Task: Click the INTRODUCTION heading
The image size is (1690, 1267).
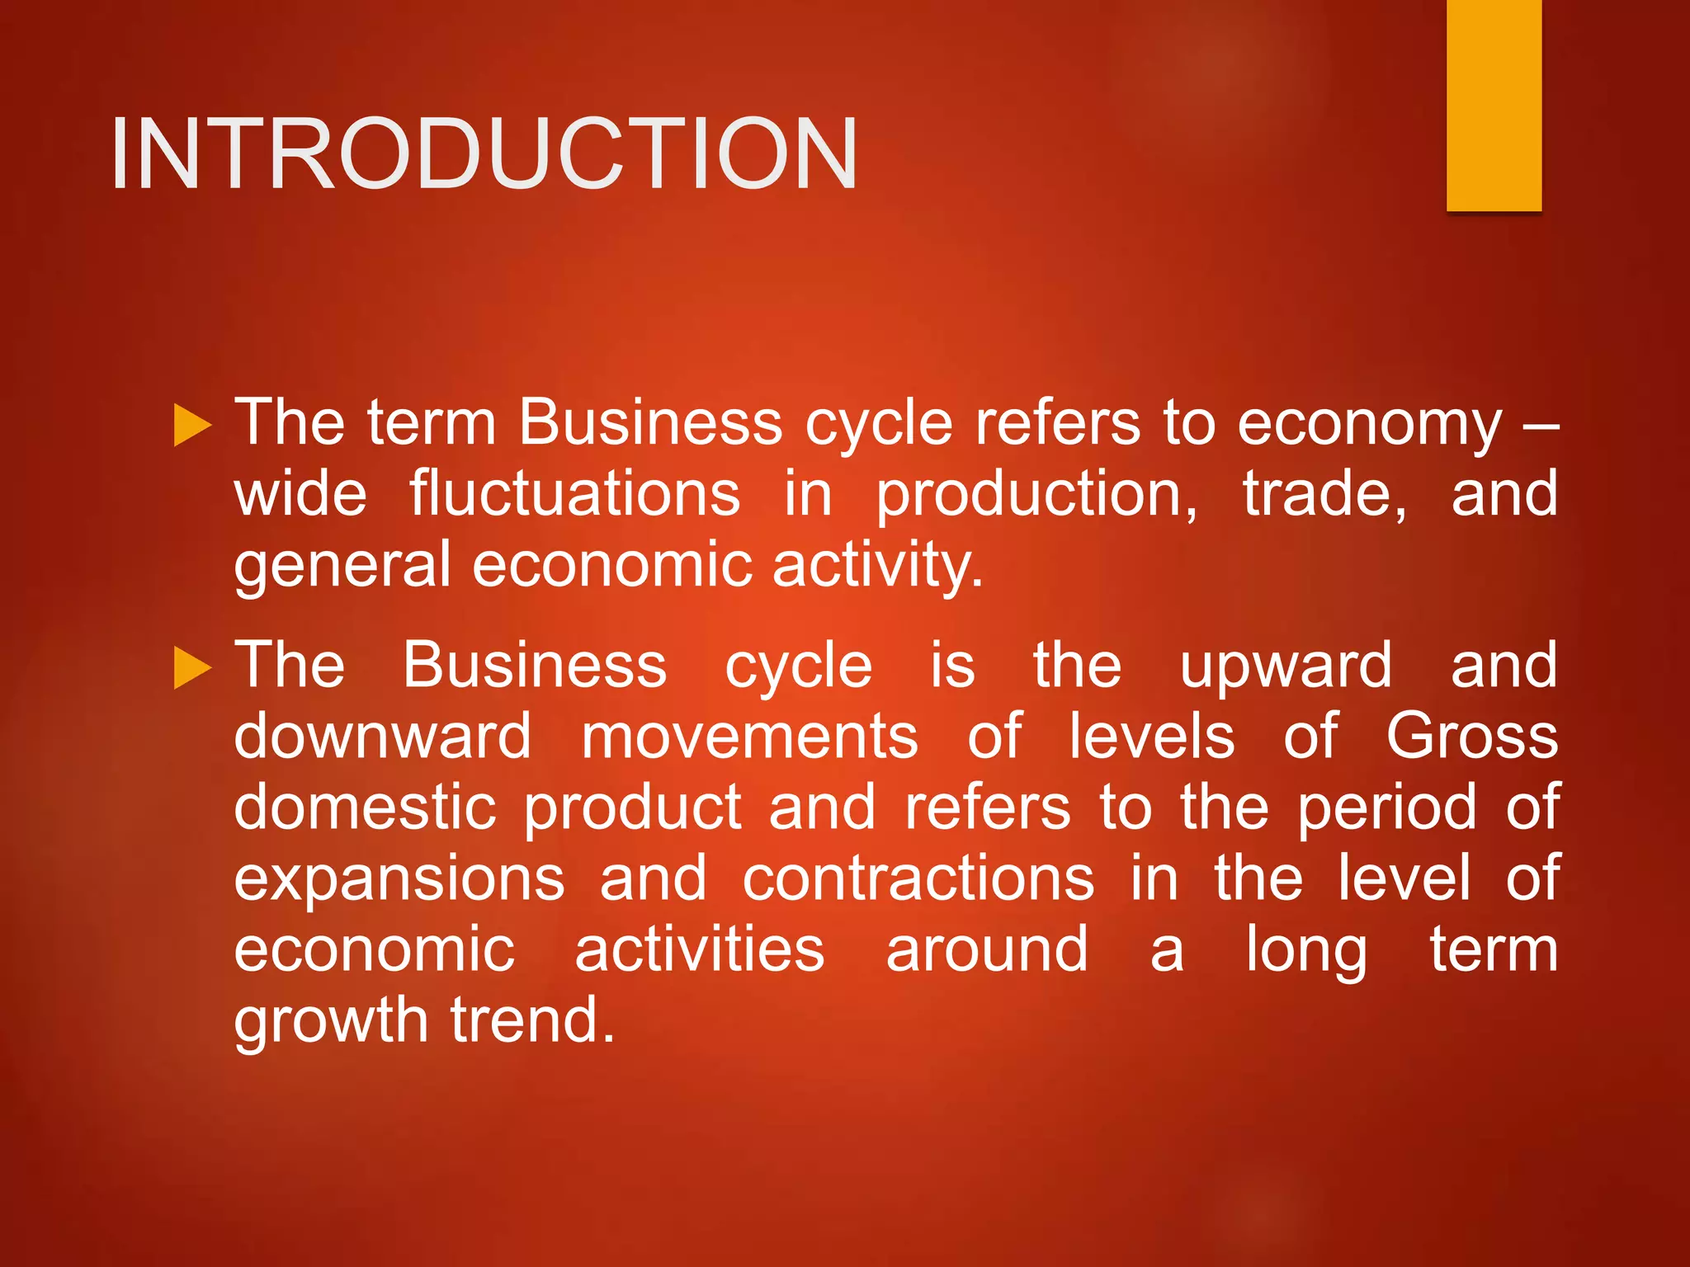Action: pyautogui.click(x=484, y=154)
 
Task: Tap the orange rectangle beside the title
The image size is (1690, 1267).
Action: pyautogui.click(x=1494, y=105)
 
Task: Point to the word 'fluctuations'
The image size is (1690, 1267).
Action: pyautogui.click(x=574, y=493)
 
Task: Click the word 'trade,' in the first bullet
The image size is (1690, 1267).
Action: pyautogui.click(x=1324, y=493)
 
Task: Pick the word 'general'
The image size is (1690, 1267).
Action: pyautogui.click(x=342, y=568)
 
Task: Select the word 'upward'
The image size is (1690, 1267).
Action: pyautogui.click(x=1286, y=666)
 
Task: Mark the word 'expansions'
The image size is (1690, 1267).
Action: pyautogui.click(x=399, y=879)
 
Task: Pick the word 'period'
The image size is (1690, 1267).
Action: pyautogui.click(x=1387, y=808)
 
